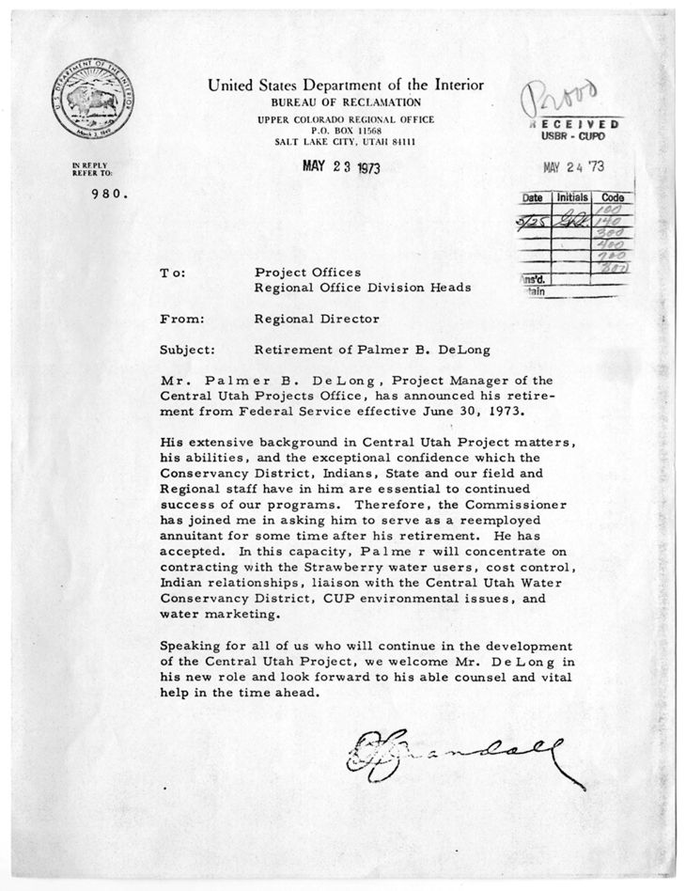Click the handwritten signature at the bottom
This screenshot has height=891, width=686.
(x=464, y=754)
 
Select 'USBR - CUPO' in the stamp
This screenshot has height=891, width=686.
(x=575, y=136)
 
